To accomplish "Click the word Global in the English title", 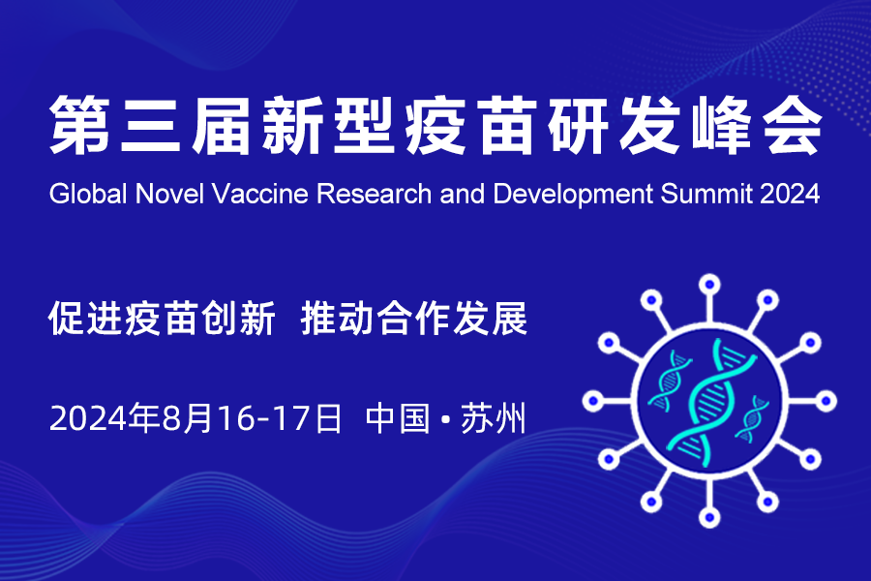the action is [x=88, y=194].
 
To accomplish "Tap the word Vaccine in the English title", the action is [x=260, y=194].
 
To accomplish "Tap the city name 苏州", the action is [x=494, y=418].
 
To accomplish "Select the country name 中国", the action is [x=398, y=418].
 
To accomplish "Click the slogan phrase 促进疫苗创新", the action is [x=163, y=318].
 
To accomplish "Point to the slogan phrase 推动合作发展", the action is [x=414, y=318].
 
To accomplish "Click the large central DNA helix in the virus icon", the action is [x=710, y=402].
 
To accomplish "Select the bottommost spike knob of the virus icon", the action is [x=709, y=517].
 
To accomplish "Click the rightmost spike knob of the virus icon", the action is [x=826, y=401].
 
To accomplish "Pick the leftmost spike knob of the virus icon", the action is [x=593, y=401].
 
